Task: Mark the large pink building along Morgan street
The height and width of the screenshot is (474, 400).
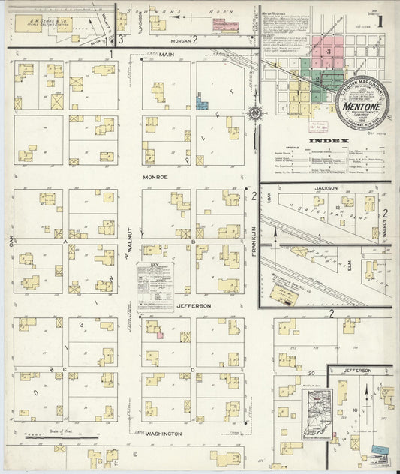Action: (x=225, y=25)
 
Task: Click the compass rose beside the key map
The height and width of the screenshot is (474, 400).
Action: (x=255, y=113)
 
